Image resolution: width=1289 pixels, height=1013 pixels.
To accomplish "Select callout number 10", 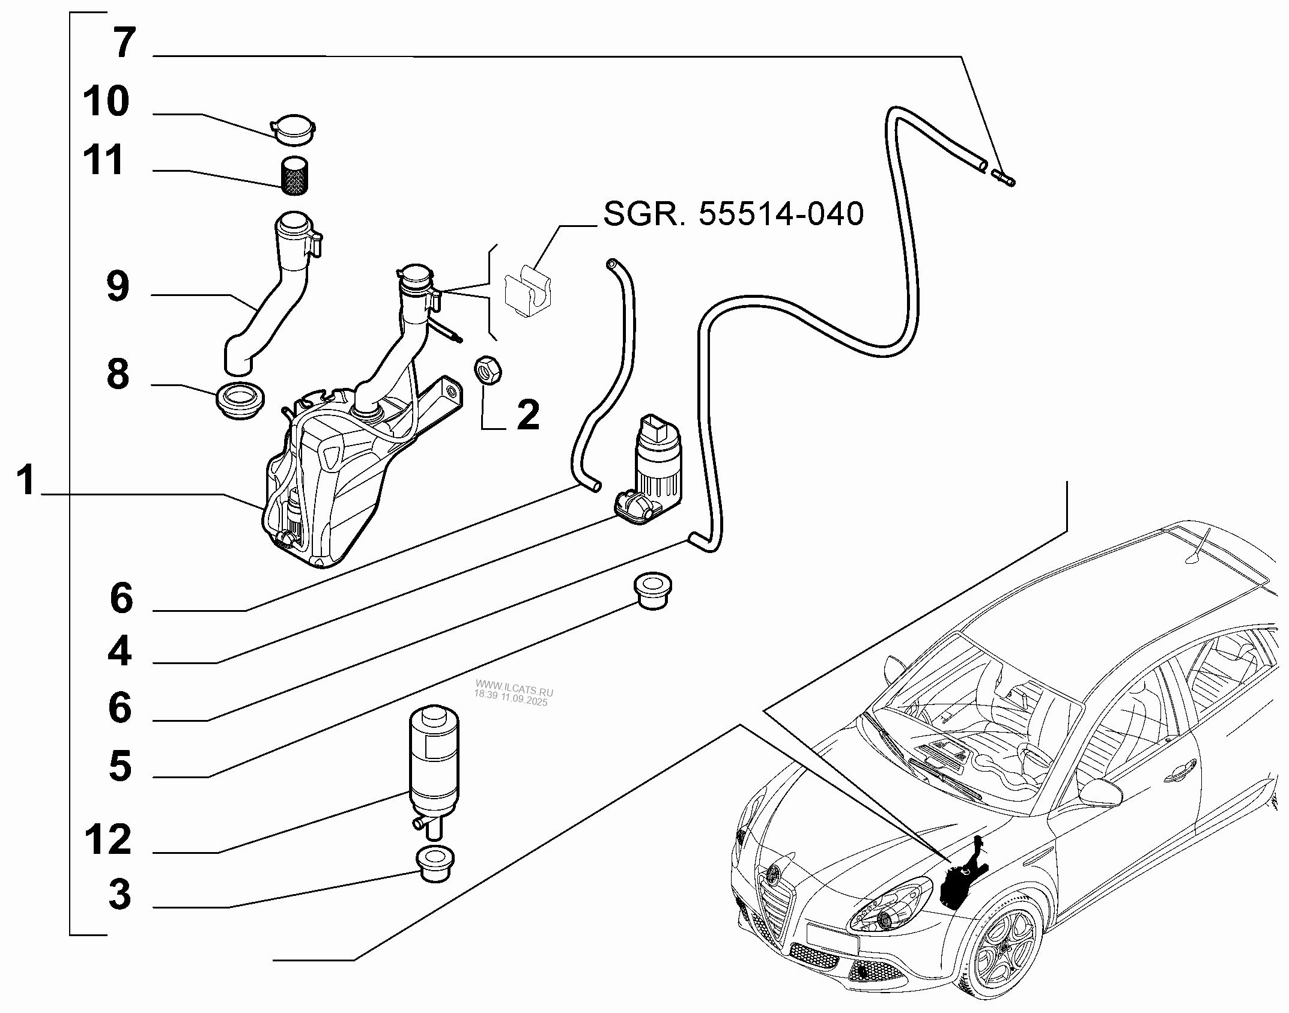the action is (x=106, y=101).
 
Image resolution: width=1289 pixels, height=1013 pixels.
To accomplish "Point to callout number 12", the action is (x=108, y=839).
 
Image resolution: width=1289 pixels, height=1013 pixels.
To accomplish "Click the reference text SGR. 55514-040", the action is (x=733, y=214).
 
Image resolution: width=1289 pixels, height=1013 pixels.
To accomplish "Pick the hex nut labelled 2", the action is (x=488, y=370).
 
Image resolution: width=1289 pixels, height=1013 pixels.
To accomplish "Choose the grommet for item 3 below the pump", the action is (x=434, y=863).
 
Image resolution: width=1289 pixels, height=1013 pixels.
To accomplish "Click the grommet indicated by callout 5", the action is (x=653, y=592).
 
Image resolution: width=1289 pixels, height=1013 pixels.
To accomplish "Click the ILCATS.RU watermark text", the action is (x=514, y=692).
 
